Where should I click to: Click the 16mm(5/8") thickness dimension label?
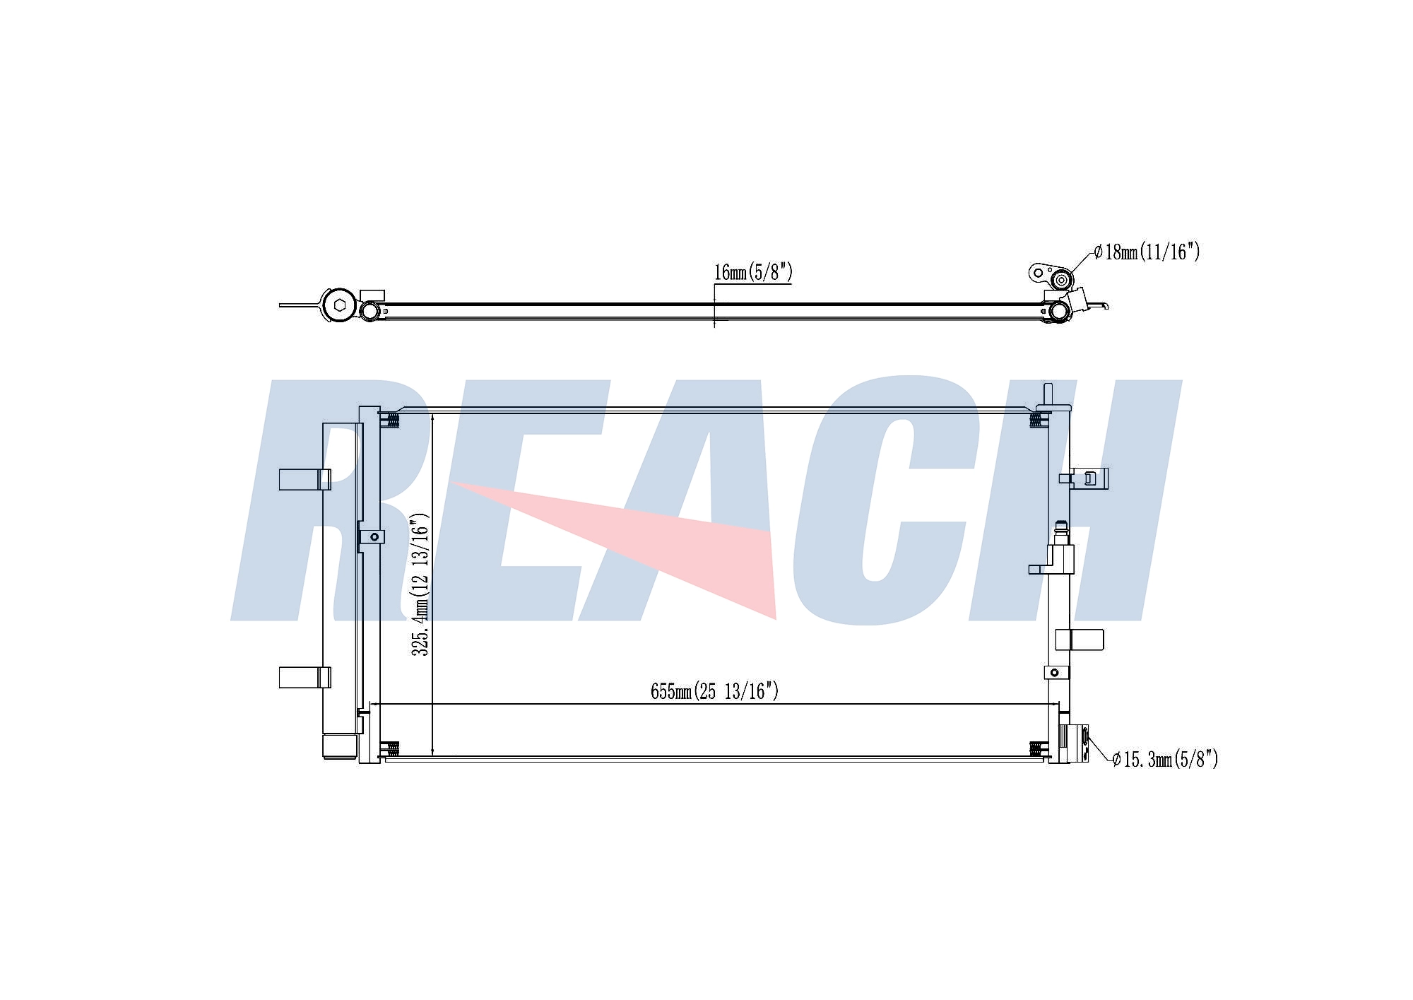tap(753, 272)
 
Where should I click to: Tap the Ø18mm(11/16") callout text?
tap(1147, 252)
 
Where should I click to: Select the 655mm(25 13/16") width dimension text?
tap(714, 691)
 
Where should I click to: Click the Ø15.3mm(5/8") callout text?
tap(1165, 760)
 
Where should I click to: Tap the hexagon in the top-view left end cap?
tap(340, 305)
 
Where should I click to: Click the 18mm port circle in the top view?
tap(1060, 281)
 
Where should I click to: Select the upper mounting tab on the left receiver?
tap(305, 479)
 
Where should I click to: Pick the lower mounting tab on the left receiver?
tap(305, 677)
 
